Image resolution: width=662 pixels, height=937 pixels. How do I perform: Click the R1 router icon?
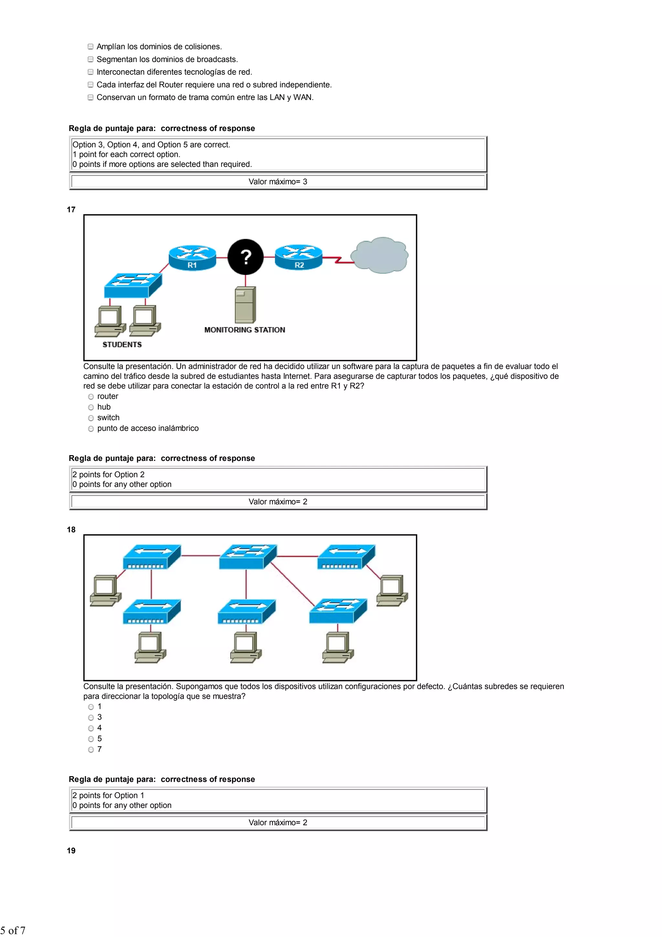(192, 257)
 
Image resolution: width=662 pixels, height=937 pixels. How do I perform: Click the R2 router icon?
(299, 257)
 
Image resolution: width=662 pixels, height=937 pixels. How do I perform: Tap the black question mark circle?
(246, 257)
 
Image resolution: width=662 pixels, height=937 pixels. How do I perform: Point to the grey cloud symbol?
(379, 255)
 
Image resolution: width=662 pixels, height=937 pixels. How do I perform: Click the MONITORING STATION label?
(245, 330)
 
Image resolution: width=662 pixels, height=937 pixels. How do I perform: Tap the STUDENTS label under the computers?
(122, 344)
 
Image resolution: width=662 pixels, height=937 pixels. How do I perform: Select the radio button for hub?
(91, 407)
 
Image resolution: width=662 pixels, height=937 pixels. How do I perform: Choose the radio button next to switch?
(91, 418)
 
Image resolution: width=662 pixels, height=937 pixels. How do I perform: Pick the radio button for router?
(91, 397)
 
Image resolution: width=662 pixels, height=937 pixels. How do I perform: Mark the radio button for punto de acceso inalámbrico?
(91, 429)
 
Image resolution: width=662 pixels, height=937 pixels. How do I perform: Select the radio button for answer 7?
(91, 750)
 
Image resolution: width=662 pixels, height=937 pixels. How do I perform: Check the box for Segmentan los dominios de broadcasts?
(91, 59)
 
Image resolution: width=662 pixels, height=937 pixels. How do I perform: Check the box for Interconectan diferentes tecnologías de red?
(91, 72)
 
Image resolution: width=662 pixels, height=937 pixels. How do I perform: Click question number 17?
(71, 210)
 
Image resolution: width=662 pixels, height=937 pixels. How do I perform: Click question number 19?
(71, 851)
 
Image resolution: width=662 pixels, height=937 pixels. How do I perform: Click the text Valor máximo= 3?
(278, 181)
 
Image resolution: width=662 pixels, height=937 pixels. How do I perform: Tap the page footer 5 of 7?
(13, 931)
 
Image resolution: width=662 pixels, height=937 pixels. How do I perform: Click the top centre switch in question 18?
(248, 557)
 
